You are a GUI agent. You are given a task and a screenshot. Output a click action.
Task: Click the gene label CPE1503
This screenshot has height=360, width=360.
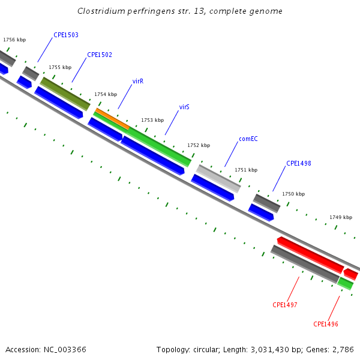click(x=66, y=35)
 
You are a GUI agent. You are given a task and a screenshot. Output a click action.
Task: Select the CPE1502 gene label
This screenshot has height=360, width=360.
click(x=100, y=55)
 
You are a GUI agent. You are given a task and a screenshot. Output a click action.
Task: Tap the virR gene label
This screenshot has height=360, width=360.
click(x=138, y=81)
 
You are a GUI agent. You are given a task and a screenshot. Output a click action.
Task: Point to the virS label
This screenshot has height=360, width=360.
click(x=184, y=107)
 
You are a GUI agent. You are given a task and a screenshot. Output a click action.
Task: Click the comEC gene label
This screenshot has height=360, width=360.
click(x=248, y=139)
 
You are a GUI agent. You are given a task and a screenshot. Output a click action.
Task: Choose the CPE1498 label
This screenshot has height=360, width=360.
click(x=298, y=163)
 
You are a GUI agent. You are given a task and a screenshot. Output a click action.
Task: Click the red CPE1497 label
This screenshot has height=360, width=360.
click(x=285, y=305)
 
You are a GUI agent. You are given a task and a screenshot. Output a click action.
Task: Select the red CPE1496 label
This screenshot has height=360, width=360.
click(x=326, y=324)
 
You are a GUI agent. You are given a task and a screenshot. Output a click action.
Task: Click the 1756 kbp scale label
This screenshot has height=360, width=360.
click(x=14, y=40)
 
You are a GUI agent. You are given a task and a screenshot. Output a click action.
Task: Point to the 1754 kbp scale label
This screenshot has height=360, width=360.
click(x=106, y=94)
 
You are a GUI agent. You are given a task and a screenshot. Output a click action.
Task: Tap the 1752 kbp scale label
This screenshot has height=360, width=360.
click(x=199, y=145)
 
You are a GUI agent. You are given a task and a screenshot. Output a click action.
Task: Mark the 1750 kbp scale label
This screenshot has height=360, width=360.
click(x=293, y=194)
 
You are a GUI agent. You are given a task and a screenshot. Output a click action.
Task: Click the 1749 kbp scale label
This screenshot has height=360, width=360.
click(x=341, y=217)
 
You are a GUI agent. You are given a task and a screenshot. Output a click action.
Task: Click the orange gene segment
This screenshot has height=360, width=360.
click(x=112, y=119)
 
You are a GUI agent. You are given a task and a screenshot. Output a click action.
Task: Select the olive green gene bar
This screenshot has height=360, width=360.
click(x=65, y=94)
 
